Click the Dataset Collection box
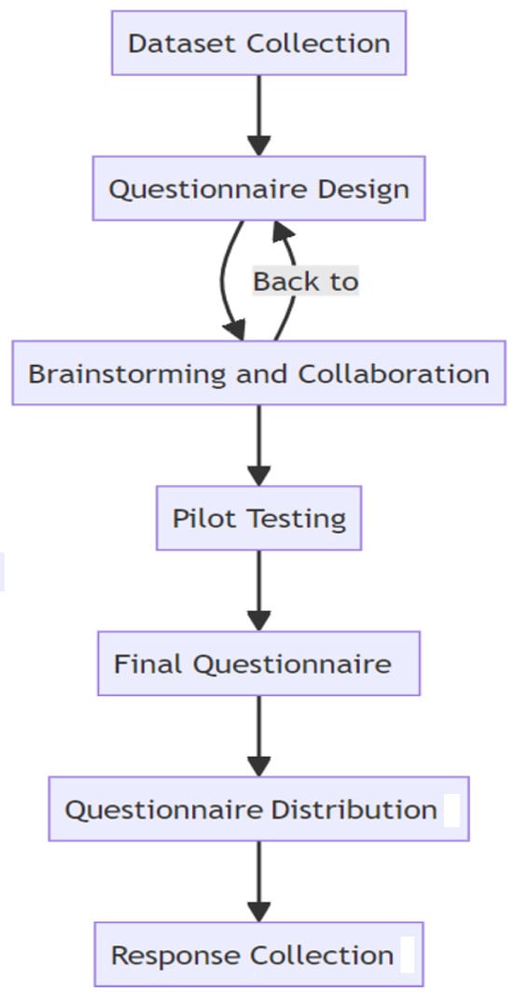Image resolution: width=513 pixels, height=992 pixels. tap(258, 43)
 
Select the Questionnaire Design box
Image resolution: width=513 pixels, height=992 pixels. tap(258, 189)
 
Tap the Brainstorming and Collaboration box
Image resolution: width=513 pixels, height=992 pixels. tap(258, 372)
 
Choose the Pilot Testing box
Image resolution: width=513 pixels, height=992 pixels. tap(258, 518)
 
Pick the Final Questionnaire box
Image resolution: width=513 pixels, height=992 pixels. tap(258, 664)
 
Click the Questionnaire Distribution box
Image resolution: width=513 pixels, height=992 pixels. tap(258, 809)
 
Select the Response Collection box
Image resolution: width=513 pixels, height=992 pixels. tap(258, 955)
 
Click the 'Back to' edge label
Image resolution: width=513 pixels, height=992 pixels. tap(306, 281)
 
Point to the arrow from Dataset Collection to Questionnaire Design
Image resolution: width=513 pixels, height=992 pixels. tap(258, 116)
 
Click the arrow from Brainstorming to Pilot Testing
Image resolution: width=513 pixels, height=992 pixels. tap(258, 445)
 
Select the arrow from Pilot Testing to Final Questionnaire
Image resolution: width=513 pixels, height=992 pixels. tap(258, 591)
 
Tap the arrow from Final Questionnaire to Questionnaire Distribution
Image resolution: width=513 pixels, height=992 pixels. tap(258, 736)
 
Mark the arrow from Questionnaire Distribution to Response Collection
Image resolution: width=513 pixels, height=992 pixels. tap(258, 882)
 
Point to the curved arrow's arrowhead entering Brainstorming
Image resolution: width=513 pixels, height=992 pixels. tap(234, 329)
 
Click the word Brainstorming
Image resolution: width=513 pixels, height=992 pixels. tap(127, 373)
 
